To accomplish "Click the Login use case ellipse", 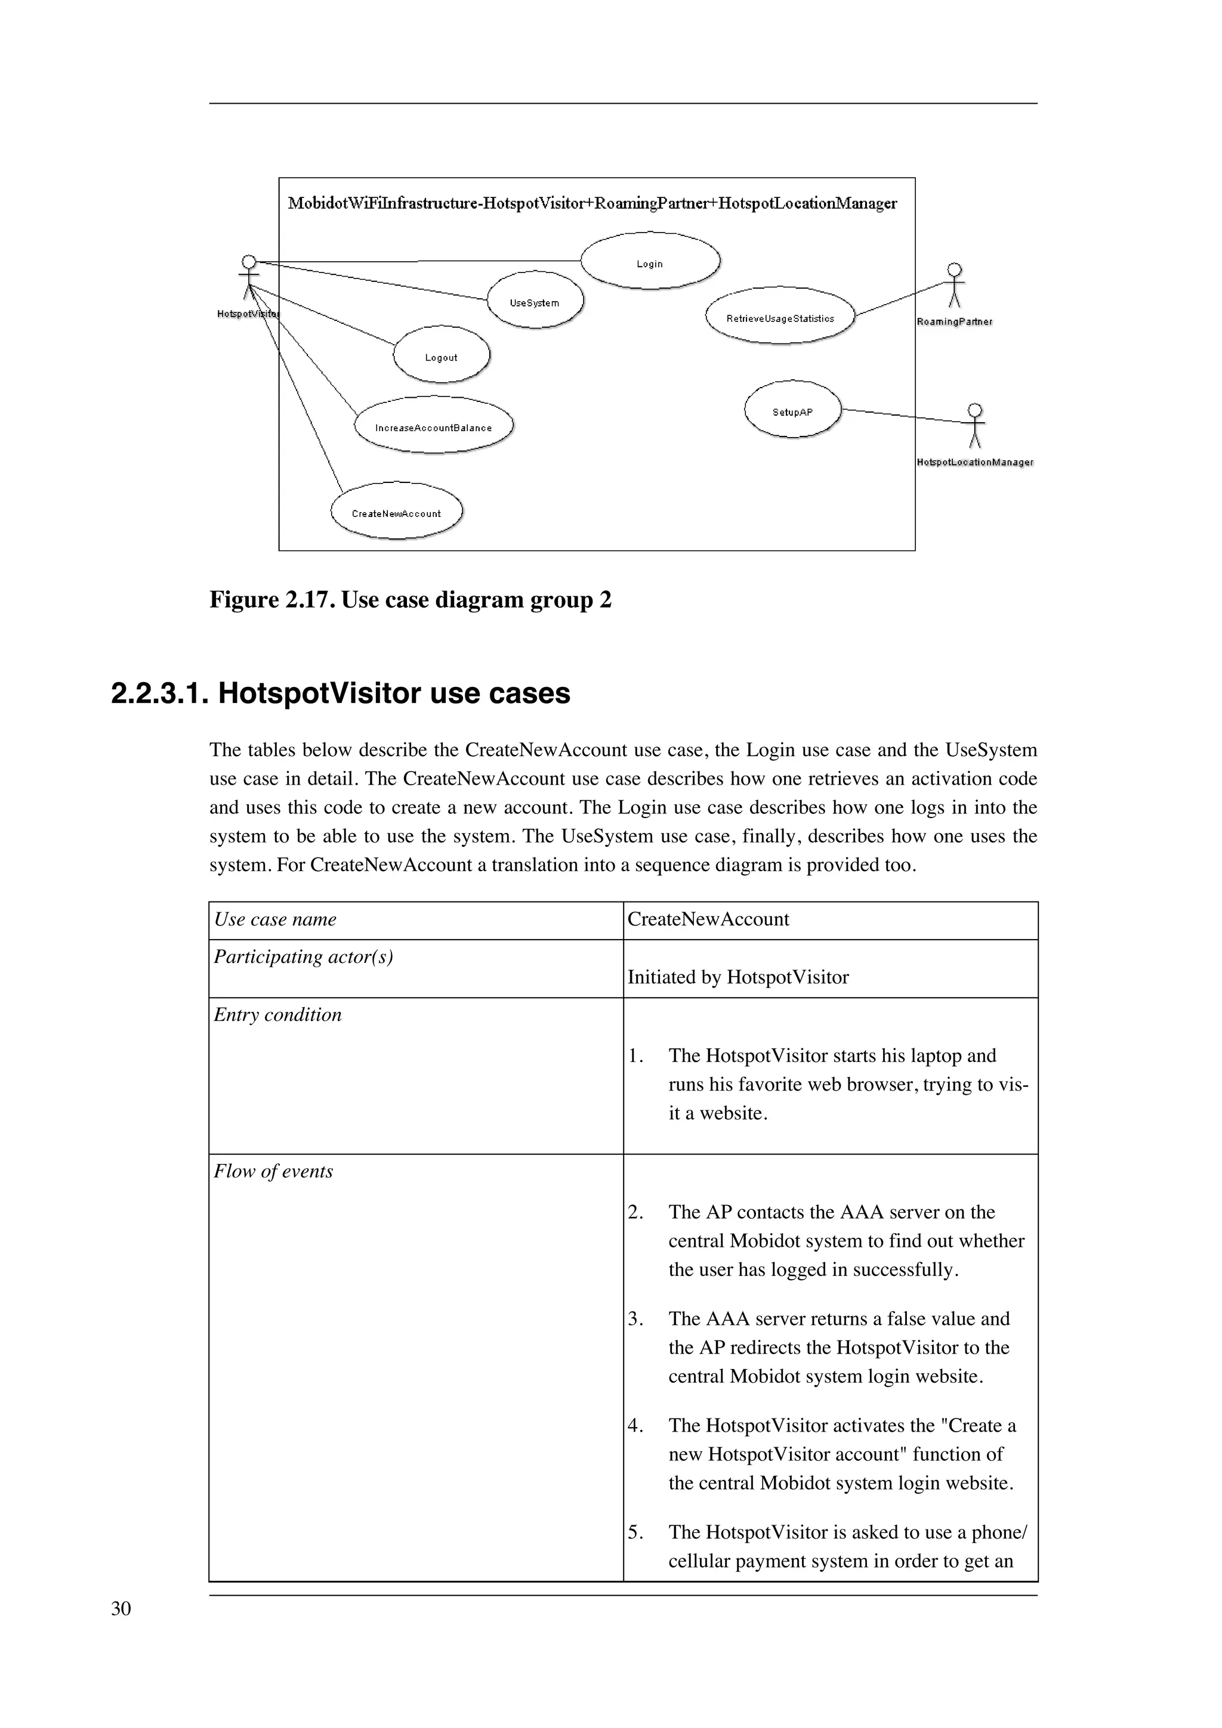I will tap(650, 261).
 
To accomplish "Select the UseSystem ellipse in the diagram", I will tap(535, 301).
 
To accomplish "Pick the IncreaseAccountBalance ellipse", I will tap(434, 425).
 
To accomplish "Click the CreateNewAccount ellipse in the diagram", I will tap(396, 511).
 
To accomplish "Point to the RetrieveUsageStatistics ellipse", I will tap(780, 315).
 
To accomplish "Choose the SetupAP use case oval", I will tap(792, 410).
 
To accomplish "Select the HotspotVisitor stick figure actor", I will tap(248, 278).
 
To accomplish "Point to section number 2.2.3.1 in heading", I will tap(159, 693).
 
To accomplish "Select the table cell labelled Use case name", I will tap(275, 919).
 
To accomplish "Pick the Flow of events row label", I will tap(273, 1171).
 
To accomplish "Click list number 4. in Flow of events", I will tap(635, 1426).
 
